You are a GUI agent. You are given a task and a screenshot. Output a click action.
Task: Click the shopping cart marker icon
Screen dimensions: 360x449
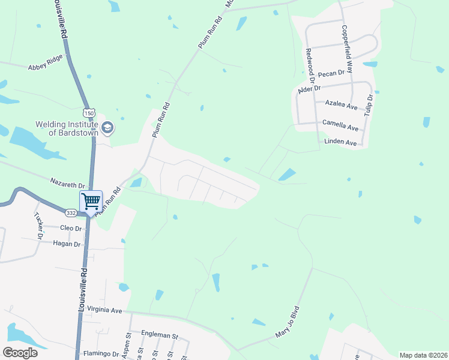(91, 200)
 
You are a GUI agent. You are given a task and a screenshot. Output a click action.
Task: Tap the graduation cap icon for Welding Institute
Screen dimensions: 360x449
(107, 127)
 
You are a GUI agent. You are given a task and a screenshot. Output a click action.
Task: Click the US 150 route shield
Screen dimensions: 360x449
(89, 112)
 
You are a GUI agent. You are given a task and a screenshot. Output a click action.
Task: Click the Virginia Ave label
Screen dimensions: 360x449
(104, 310)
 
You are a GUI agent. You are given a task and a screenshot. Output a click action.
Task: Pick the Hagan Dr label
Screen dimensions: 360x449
(67, 244)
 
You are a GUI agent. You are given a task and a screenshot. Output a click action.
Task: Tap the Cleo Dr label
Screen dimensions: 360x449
(70, 229)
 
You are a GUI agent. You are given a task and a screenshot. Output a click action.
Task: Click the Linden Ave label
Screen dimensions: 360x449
(340, 143)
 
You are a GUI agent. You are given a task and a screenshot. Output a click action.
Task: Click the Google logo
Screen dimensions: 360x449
(20, 352)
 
